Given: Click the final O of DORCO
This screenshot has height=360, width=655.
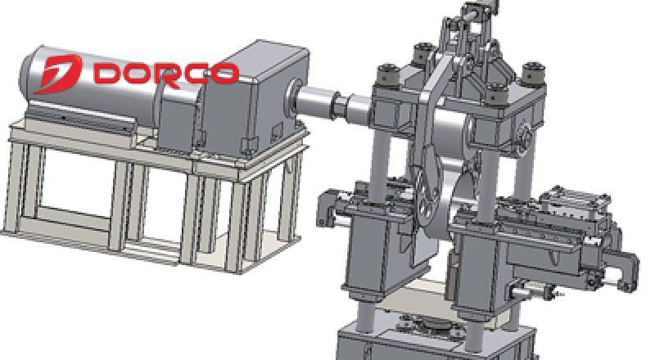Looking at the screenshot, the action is (x=224, y=73).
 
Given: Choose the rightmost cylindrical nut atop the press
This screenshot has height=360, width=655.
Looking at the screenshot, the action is (x=534, y=73).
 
